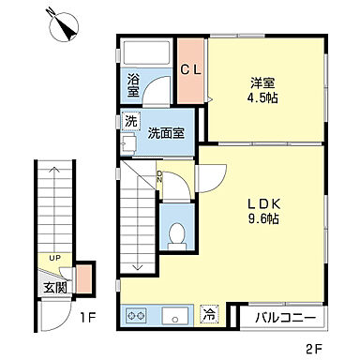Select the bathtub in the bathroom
tap(150, 52)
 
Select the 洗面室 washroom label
tap(165, 132)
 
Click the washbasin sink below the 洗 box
tap(128, 144)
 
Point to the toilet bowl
tap(174, 235)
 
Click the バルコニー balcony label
tap(284, 318)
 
